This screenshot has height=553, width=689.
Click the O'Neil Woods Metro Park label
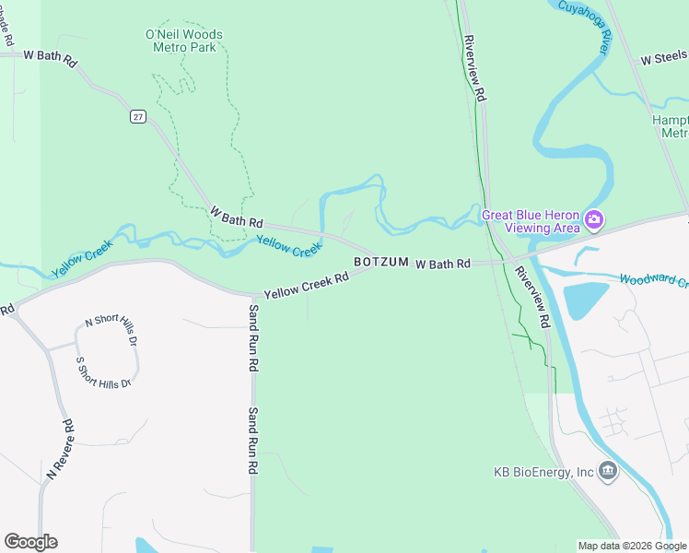click(x=184, y=41)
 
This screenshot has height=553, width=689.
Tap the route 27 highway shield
click(x=137, y=116)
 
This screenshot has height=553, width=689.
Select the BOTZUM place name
click(x=380, y=263)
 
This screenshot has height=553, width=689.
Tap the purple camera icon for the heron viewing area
click(x=594, y=220)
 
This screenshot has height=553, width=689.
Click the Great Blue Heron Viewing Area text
click(x=531, y=221)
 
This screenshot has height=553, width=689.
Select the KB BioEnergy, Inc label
click(x=543, y=472)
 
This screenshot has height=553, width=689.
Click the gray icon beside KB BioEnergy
click(x=607, y=471)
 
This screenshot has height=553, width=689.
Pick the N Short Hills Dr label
click(x=111, y=330)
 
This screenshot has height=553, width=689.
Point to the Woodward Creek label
click(x=653, y=280)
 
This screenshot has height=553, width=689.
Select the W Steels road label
click(x=664, y=58)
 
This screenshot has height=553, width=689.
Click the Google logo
click(x=30, y=542)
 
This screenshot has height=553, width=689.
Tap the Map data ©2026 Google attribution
click(x=632, y=546)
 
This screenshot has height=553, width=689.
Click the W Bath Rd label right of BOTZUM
click(x=443, y=264)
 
